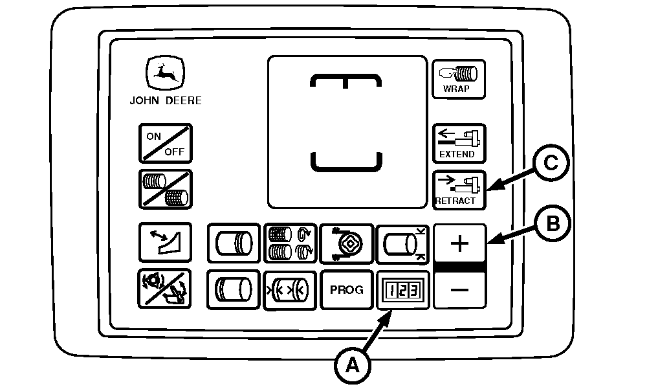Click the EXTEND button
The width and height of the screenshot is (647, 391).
click(x=459, y=143)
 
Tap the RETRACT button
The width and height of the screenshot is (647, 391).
click(x=459, y=190)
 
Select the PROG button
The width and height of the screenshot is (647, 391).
click(x=347, y=290)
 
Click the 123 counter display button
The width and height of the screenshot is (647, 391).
click(x=403, y=290)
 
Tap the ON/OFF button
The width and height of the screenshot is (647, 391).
click(x=166, y=143)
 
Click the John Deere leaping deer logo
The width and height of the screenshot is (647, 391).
click(x=165, y=73)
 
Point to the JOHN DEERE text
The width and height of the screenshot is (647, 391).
click(x=166, y=101)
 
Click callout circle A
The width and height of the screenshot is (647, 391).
click(x=353, y=365)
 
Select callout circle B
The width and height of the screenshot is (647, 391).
click(x=553, y=224)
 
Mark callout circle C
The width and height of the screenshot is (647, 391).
click(x=551, y=162)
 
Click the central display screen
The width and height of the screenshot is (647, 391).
click(x=347, y=132)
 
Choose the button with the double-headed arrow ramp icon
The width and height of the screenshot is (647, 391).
click(x=165, y=242)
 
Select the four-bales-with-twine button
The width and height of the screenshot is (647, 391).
click(x=291, y=243)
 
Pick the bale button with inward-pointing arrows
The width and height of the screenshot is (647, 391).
click(x=290, y=290)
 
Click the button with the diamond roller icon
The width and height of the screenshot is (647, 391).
click(x=347, y=243)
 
